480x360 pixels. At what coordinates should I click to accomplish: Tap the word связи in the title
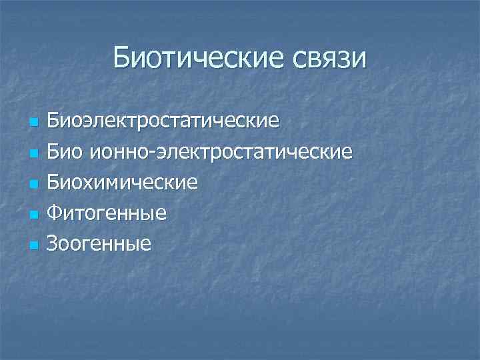pyautogui.click(x=329, y=57)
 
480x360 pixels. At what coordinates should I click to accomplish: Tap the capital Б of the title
pyautogui.click(x=123, y=57)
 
